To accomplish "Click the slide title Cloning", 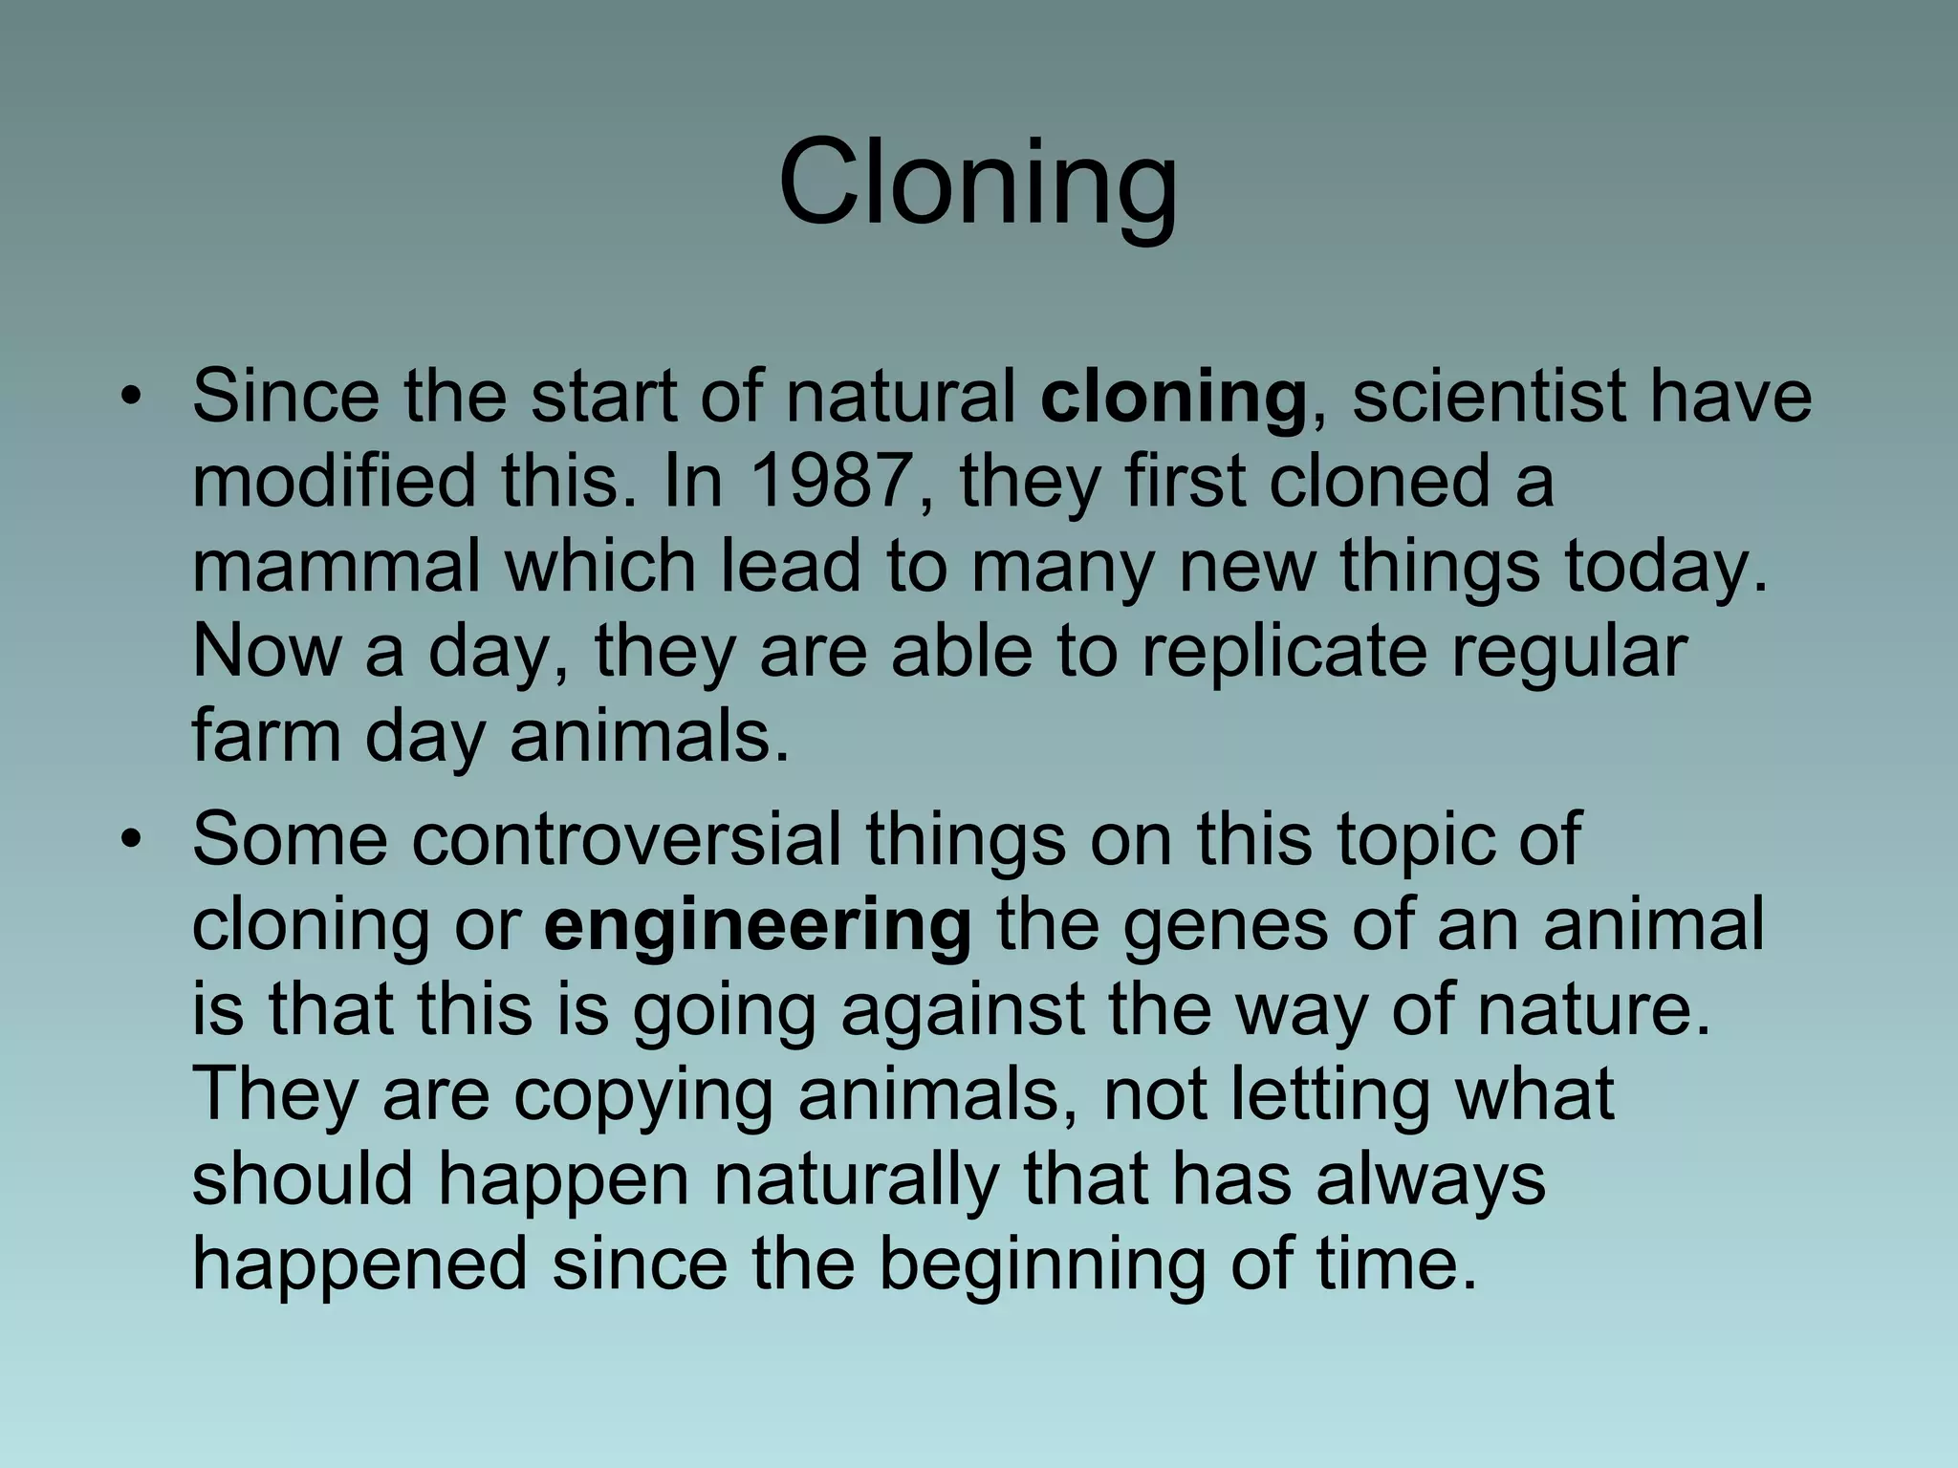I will point(978,183).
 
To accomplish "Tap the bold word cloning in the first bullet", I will point(1173,397).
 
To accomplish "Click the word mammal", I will point(336,566).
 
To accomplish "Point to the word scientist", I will point(1487,397).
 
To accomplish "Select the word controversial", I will point(627,839).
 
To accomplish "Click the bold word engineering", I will point(757,925).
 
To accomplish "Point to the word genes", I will point(1226,925).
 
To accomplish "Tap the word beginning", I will point(1041,1263).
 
